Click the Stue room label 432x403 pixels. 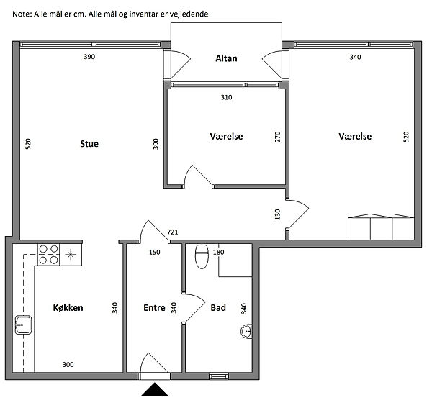pyautogui.click(x=89, y=143)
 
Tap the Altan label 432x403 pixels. pyautogui.click(x=226, y=58)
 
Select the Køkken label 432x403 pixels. pyautogui.click(x=68, y=307)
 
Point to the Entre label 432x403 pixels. pyautogui.click(x=154, y=307)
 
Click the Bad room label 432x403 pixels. pyautogui.click(x=218, y=307)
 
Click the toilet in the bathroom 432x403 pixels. pyautogui.click(x=202, y=256)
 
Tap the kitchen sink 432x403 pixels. pyautogui.click(x=23, y=325)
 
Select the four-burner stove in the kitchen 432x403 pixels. pyautogui.click(x=48, y=255)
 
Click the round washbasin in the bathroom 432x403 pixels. pyautogui.click(x=246, y=331)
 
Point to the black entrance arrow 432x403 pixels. pyautogui.click(x=155, y=389)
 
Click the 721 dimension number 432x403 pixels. pyautogui.click(x=173, y=232)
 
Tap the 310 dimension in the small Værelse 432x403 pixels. pyautogui.click(x=226, y=97)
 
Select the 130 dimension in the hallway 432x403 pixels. pyautogui.click(x=277, y=214)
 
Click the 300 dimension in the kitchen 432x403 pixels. pyautogui.click(x=68, y=365)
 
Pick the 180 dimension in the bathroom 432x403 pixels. pyautogui.click(x=218, y=252)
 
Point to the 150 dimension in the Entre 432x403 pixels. pyautogui.click(x=154, y=252)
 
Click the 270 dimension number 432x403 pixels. pyautogui.click(x=277, y=137)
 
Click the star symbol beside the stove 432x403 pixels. pyautogui.click(x=71, y=255)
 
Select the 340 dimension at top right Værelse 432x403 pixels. pyautogui.click(x=355, y=57)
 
